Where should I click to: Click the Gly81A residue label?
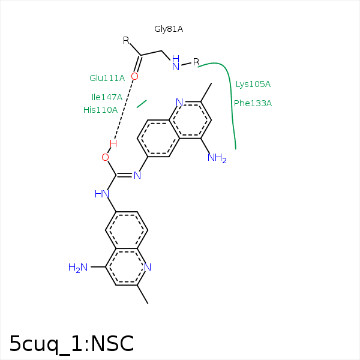[x=169, y=29]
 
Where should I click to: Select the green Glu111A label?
[x=107, y=78]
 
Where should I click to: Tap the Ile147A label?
[x=107, y=97]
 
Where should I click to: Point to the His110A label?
[x=100, y=110]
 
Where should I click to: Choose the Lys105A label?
[x=253, y=84]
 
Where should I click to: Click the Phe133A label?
[x=253, y=103]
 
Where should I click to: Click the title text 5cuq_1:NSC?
[x=71, y=343]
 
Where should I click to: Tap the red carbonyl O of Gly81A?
[x=134, y=76]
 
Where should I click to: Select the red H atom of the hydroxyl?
[x=113, y=144]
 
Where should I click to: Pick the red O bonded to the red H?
[x=105, y=157]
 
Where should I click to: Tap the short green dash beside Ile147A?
[x=142, y=104]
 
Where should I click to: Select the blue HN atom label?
[x=101, y=194]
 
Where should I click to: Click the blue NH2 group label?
[x=217, y=158]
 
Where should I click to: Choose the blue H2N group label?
[x=78, y=268]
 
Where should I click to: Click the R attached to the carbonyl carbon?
[x=126, y=41]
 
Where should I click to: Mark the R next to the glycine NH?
[x=196, y=62]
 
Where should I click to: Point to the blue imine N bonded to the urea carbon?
[x=137, y=175]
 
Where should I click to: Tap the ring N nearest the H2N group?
[x=148, y=267]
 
